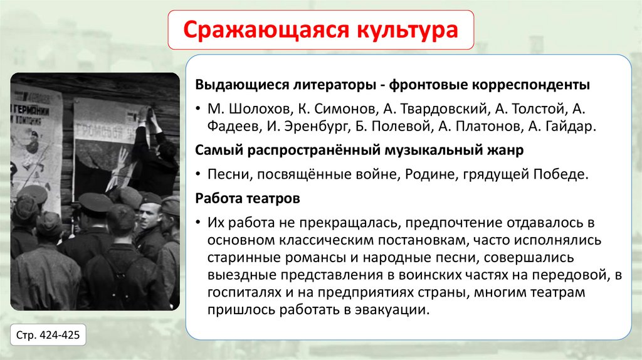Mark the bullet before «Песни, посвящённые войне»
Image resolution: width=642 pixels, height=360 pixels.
197,174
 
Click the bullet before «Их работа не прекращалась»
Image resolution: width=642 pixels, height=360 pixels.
197,223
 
